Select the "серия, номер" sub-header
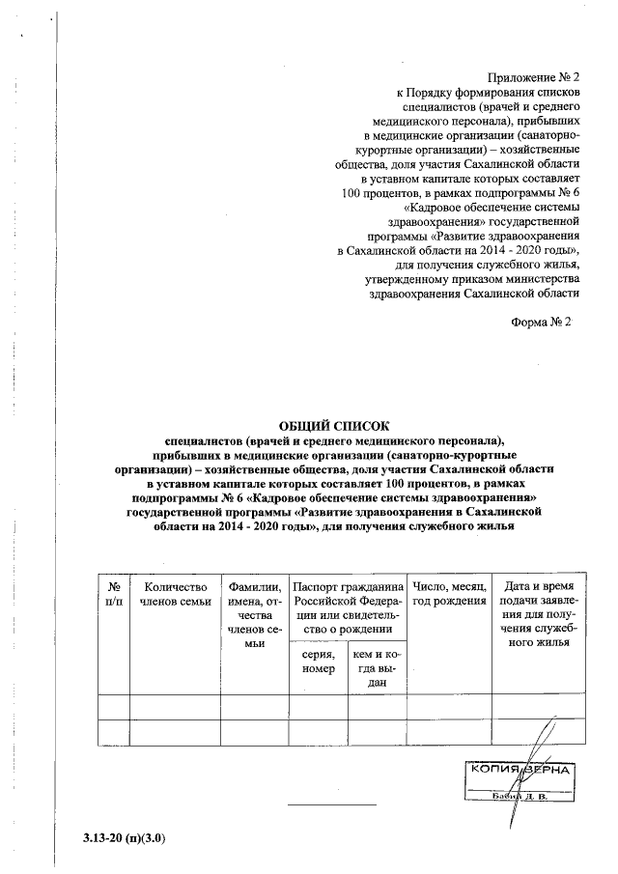coord(318,662)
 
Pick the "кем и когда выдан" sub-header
coord(377,668)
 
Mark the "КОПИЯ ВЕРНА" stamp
coord(521,772)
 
